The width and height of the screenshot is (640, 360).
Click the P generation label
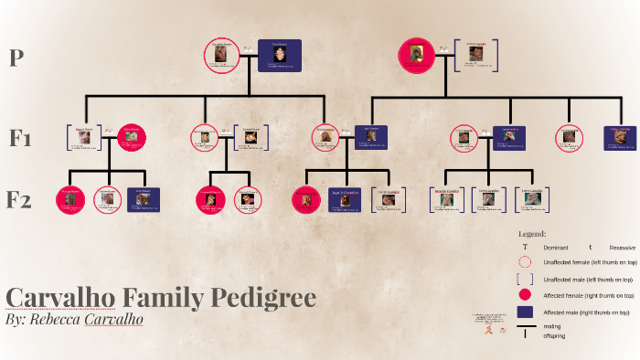point(16,58)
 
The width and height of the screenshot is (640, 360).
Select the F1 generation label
point(21,139)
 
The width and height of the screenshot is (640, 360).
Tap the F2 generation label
point(21,199)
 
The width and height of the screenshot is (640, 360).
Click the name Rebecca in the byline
point(58,320)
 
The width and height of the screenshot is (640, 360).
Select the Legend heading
point(532,234)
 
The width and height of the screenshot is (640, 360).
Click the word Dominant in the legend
point(556,248)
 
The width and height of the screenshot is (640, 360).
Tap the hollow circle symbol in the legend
point(525,262)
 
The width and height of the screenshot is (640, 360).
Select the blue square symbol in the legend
point(525,312)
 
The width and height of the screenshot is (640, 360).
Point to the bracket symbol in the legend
point(525,279)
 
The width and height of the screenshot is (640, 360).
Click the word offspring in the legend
point(554,336)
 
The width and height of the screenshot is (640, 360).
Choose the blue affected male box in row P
point(279,55)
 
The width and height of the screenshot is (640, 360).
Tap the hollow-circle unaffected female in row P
point(221,55)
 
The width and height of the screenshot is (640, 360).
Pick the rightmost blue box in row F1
point(620,138)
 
